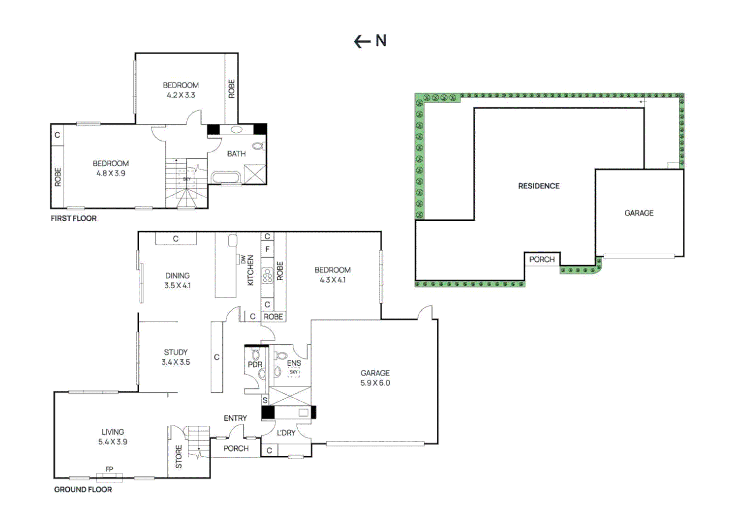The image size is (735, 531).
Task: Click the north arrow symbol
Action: (370, 41)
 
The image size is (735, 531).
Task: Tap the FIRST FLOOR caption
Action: (73, 218)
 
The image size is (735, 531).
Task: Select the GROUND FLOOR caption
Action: (83, 489)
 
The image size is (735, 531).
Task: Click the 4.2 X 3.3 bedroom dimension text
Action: (181, 95)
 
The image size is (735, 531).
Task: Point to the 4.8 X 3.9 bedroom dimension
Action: (111, 174)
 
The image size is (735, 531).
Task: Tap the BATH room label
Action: (236, 154)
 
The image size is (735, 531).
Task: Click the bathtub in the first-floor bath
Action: (226, 177)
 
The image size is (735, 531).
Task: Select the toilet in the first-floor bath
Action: (258, 146)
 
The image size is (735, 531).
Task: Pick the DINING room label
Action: (177, 276)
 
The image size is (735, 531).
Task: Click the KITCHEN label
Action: (250, 270)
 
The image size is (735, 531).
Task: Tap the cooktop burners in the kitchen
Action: (267, 276)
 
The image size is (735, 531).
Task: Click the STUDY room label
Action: (176, 352)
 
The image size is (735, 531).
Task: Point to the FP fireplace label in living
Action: (109, 469)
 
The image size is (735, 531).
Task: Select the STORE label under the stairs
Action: (179, 457)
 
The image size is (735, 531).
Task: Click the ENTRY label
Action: (235, 418)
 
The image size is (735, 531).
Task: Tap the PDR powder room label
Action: (255, 364)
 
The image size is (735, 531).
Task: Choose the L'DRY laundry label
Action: (286, 433)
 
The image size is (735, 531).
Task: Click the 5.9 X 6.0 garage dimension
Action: (375, 383)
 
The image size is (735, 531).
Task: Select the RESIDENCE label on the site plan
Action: (539, 186)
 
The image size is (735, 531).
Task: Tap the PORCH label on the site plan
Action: (542, 259)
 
